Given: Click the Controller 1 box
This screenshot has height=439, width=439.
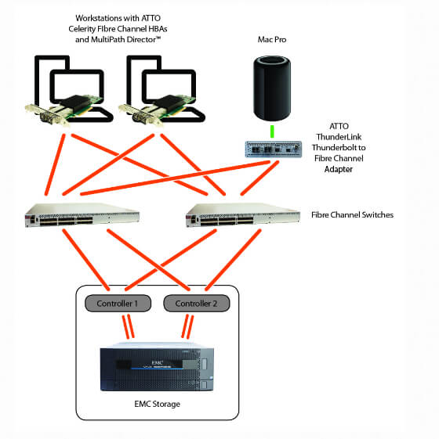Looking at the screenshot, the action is [x=118, y=303].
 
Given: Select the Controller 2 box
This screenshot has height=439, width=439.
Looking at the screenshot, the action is [x=196, y=303].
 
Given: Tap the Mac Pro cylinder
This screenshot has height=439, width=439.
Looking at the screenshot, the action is [x=272, y=88].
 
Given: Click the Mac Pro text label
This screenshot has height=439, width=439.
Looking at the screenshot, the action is [x=272, y=39].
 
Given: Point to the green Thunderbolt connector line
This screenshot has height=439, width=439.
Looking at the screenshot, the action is [x=272, y=131].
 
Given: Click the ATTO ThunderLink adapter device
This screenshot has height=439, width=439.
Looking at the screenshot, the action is [x=274, y=149].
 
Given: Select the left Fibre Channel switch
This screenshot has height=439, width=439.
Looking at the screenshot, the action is [x=82, y=215].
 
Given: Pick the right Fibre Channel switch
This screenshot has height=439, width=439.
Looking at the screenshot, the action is [x=243, y=215].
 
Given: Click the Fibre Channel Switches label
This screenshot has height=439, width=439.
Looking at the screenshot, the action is [x=352, y=214].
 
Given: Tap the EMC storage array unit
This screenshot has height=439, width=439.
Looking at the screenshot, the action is [x=157, y=366].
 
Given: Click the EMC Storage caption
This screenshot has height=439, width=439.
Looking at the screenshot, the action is [x=157, y=404].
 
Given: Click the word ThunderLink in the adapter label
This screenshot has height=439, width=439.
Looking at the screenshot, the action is [x=339, y=137].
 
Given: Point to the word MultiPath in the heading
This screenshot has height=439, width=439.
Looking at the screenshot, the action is [x=108, y=39].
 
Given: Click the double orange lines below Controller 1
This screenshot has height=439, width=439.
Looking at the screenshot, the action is [x=129, y=326].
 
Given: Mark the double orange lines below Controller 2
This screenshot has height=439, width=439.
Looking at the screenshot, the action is [x=187, y=326].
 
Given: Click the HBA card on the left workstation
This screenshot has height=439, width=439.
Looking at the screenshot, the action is [x=64, y=110].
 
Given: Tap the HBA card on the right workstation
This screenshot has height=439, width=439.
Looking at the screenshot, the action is [x=157, y=110].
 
